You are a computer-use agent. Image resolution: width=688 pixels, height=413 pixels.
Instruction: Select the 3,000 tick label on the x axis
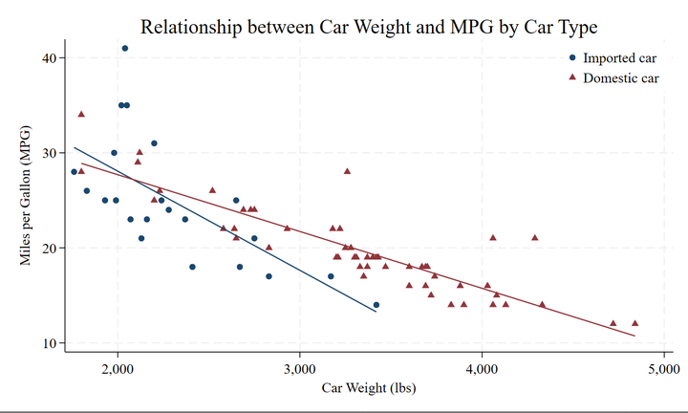pyautogui.click(x=300, y=367)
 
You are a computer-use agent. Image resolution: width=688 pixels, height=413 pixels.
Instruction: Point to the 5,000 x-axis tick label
pyautogui.click(x=663, y=367)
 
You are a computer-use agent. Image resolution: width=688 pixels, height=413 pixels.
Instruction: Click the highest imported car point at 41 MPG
pyautogui.click(x=125, y=48)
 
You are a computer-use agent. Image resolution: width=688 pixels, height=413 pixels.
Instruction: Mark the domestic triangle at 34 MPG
pyautogui.click(x=81, y=114)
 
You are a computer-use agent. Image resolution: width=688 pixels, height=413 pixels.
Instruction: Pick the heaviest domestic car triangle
pyautogui.click(x=634, y=323)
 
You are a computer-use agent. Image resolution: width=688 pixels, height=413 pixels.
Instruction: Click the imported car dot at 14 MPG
pyautogui.click(x=376, y=305)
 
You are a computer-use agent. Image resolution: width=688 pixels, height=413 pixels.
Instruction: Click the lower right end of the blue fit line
pyautogui.click(x=376, y=312)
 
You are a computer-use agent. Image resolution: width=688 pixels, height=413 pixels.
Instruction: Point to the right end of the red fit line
pyautogui.click(x=634, y=336)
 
